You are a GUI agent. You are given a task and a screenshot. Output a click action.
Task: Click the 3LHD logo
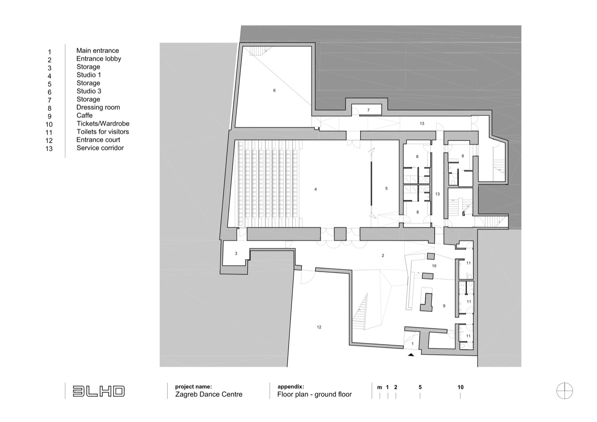click(99, 391)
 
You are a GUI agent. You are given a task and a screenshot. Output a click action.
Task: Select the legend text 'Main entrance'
click(98, 51)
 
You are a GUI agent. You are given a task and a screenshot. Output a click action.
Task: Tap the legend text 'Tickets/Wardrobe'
click(103, 123)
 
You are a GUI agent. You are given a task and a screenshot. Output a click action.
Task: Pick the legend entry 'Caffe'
click(84, 115)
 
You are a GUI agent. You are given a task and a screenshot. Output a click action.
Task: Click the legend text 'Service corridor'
click(100, 148)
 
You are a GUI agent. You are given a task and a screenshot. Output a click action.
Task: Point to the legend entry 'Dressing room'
click(98, 107)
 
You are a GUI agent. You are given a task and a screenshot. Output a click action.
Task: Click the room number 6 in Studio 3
click(274, 90)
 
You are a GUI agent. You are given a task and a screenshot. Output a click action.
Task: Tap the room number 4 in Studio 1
click(316, 189)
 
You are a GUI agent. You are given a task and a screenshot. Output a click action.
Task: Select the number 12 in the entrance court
click(319, 327)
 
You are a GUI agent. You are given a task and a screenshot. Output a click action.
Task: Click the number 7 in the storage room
click(368, 110)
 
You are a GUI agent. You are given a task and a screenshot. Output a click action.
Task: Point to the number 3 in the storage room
click(236, 253)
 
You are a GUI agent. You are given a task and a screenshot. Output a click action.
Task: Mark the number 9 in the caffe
click(444, 306)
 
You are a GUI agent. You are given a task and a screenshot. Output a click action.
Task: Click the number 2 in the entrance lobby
click(383, 256)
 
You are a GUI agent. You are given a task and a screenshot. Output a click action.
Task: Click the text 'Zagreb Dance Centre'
click(209, 395)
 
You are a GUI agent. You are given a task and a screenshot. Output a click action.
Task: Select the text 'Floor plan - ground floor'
click(314, 395)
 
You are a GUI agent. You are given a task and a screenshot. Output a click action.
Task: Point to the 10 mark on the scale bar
click(460, 387)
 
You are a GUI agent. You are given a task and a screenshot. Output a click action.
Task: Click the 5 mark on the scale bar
click(420, 387)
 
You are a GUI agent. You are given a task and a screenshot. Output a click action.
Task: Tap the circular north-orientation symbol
click(564, 391)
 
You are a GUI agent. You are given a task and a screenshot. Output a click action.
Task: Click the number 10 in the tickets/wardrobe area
click(434, 266)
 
